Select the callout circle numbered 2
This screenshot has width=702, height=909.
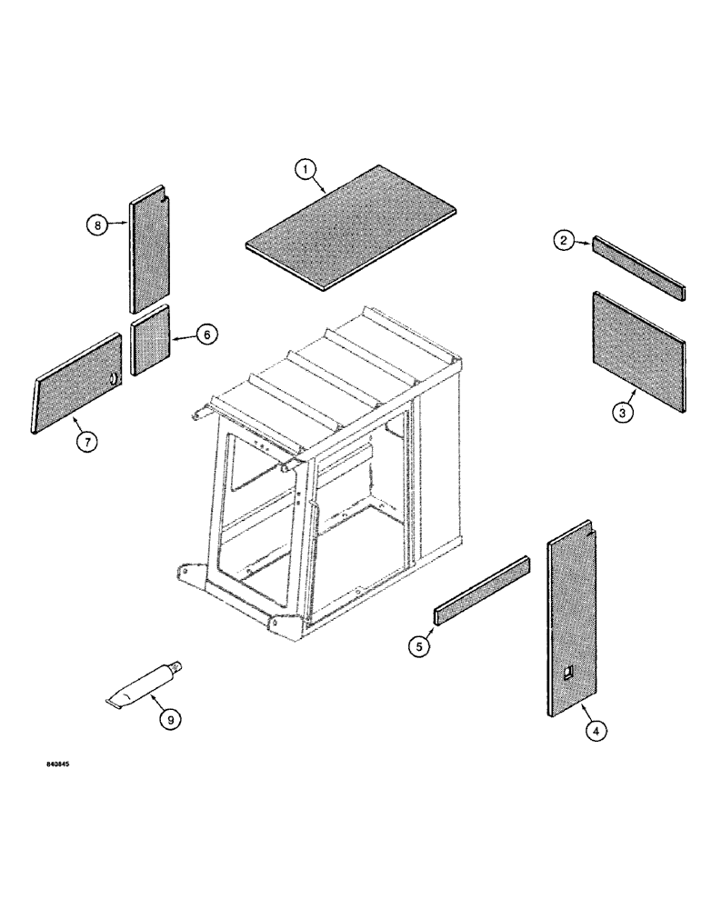pyautogui.click(x=565, y=241)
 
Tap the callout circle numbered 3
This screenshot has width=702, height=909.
pyautogui.click(x=622, y=413)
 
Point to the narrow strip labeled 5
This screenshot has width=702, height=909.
pyautogui.click(x=482, y=589)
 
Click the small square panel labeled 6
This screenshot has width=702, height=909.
pyautogui.click(x=151, y=340)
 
